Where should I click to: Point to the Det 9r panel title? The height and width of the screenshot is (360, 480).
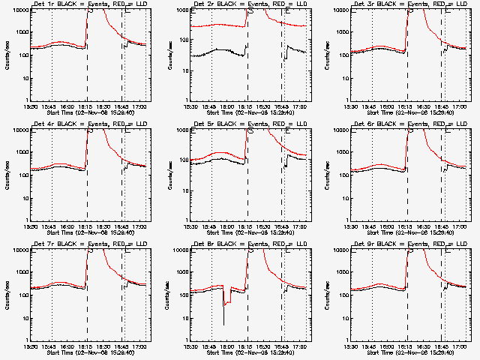[402, 245]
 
